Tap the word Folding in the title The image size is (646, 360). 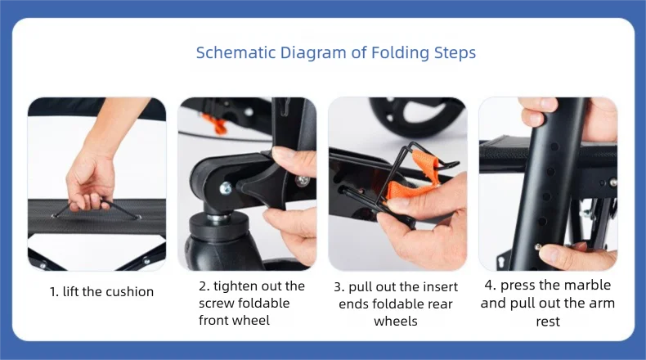pyautogui.click(x=400, y=53)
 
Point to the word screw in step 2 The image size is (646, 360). pyautogui.click(x=217, y=304)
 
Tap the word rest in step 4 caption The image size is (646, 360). pyautogui.click(x=548, y=322)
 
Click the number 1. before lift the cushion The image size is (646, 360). pyautogui.click(x=54, y=292)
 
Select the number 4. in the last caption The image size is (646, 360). pyautogui.click(x=491, y=285)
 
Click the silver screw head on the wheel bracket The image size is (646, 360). pyautogui.click(x=226, y=188)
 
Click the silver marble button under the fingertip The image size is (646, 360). pyautogui.click(x=538, y=247)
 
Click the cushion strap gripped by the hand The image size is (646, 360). pyautogui.click(x=97, y=209)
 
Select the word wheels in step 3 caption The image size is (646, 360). pyautogui.click(x=396, y=321)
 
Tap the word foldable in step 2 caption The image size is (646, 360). pyautogui.click(x=264, y=303)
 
